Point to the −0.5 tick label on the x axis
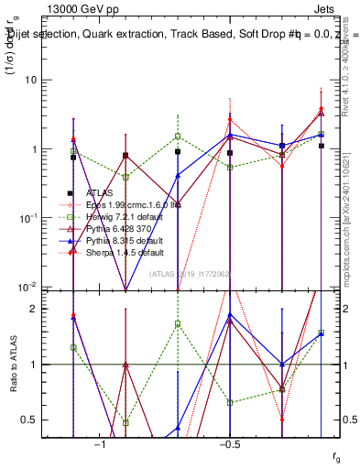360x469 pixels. pos(229,444)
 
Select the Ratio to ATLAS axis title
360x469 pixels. pos(16,364)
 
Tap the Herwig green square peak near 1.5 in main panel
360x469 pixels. pos(178,136)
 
